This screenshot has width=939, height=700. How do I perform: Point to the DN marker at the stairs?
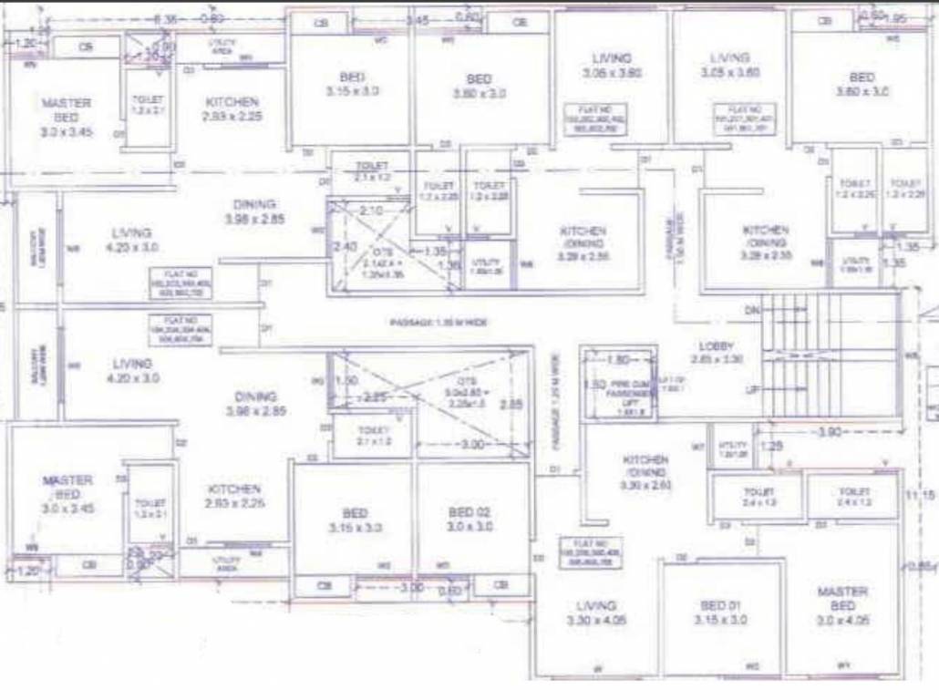click(752, 310)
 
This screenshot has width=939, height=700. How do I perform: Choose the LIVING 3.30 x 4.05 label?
click(596, 612)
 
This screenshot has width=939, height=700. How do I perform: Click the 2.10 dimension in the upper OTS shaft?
click(372, 211)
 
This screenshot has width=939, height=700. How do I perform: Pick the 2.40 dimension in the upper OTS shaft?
click(345, 247)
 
